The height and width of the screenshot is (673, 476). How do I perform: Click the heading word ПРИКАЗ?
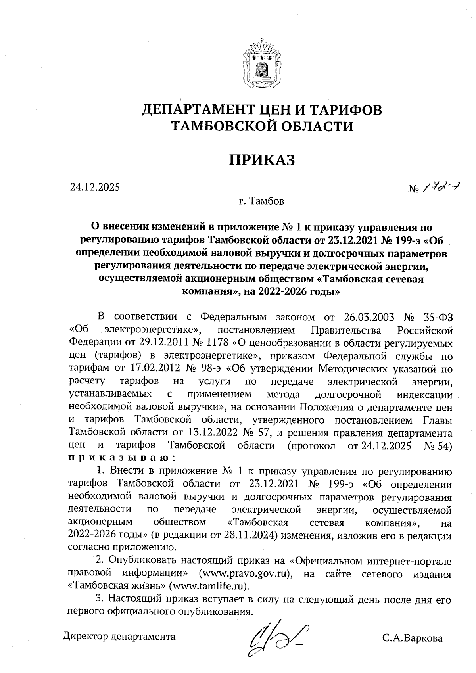tap(262, 160)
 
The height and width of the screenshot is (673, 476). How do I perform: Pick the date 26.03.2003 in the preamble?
tap(367, 318)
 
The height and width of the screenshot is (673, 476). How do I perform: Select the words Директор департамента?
tap(119, 637)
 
